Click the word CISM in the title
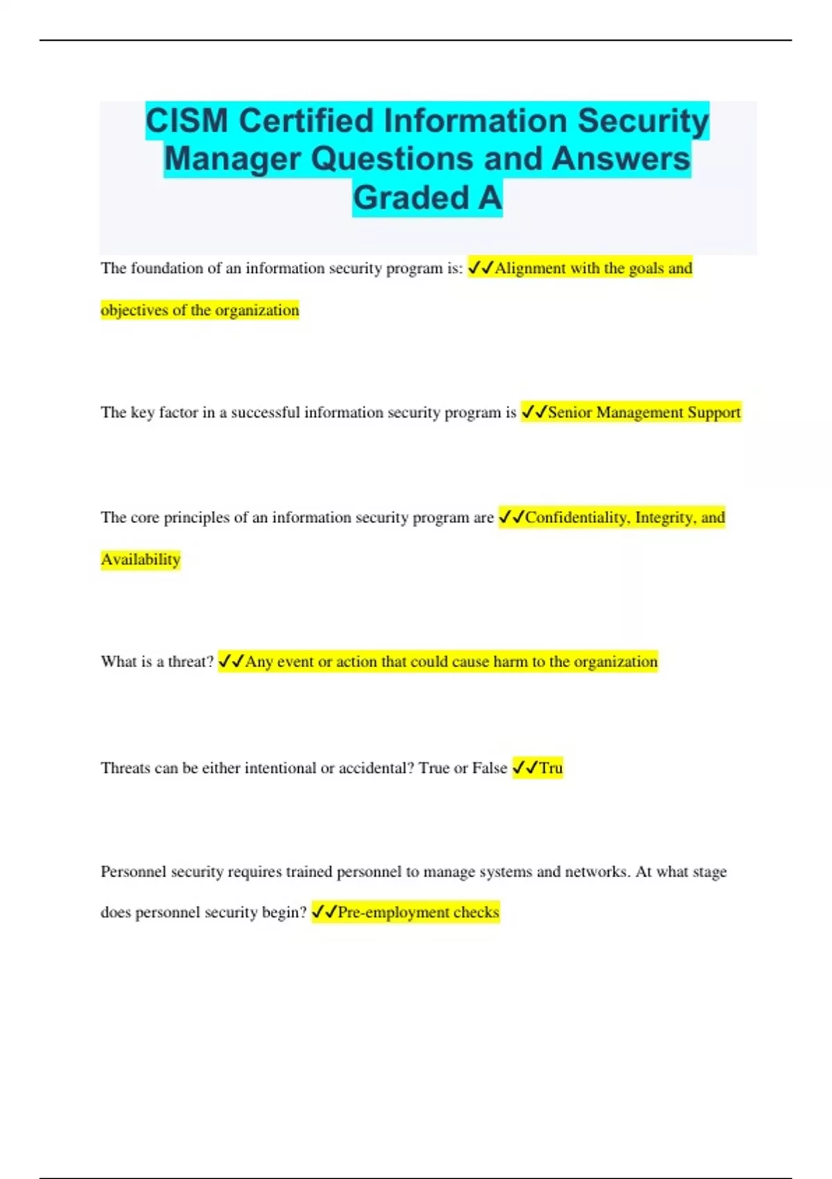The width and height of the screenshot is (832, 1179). [x=187, y=121]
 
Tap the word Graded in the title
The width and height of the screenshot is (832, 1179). [x=411, y=198]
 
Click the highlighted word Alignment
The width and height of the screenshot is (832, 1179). [x=530, y=268]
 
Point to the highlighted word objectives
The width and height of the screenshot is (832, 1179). [x=134, y=310]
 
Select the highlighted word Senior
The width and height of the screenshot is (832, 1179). [x=570, y=413]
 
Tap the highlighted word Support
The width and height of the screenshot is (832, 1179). [x=713, y=413]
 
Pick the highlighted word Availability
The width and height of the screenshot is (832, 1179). [x=141, y=560]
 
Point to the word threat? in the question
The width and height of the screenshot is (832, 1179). [x=191, y=662]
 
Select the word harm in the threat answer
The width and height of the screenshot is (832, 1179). [x=510, y=662]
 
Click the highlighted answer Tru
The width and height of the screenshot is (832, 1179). [x=551, y=768]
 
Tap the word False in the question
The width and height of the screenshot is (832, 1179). [x=489, y=768]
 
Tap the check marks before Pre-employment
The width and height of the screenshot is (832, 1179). [x=324, y=912]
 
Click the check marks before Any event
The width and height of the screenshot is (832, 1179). [x=231, y=662]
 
